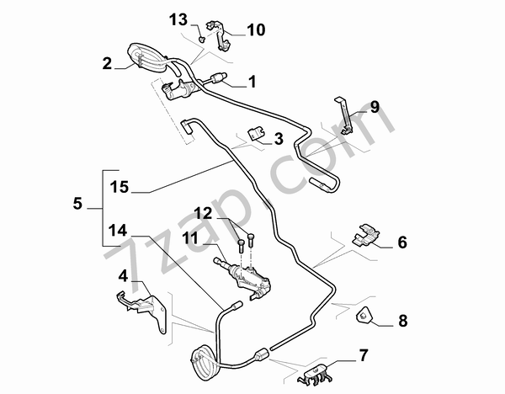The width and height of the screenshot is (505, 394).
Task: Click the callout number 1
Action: tap(251, 83)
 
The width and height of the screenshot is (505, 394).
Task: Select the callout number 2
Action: tap(107, 63)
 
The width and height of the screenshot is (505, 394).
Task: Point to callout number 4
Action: tap(124, 275)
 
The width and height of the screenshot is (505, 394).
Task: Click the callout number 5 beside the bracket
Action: tap(78, 204)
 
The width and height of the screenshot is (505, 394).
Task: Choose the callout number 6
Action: tap(401, 242)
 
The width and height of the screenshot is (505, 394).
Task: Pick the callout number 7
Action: tap(363, 354)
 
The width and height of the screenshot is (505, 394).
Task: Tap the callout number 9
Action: tap(375, 107)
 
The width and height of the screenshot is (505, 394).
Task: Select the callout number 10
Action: tap(255, 29)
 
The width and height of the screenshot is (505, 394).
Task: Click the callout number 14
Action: tap(118, 229)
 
